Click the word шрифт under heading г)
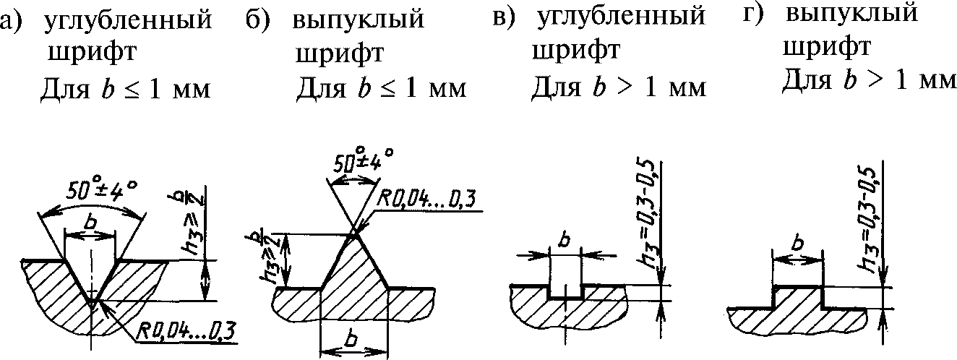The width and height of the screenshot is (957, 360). click(x=825, y=47)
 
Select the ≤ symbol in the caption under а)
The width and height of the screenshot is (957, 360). click(x=132, y=91)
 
